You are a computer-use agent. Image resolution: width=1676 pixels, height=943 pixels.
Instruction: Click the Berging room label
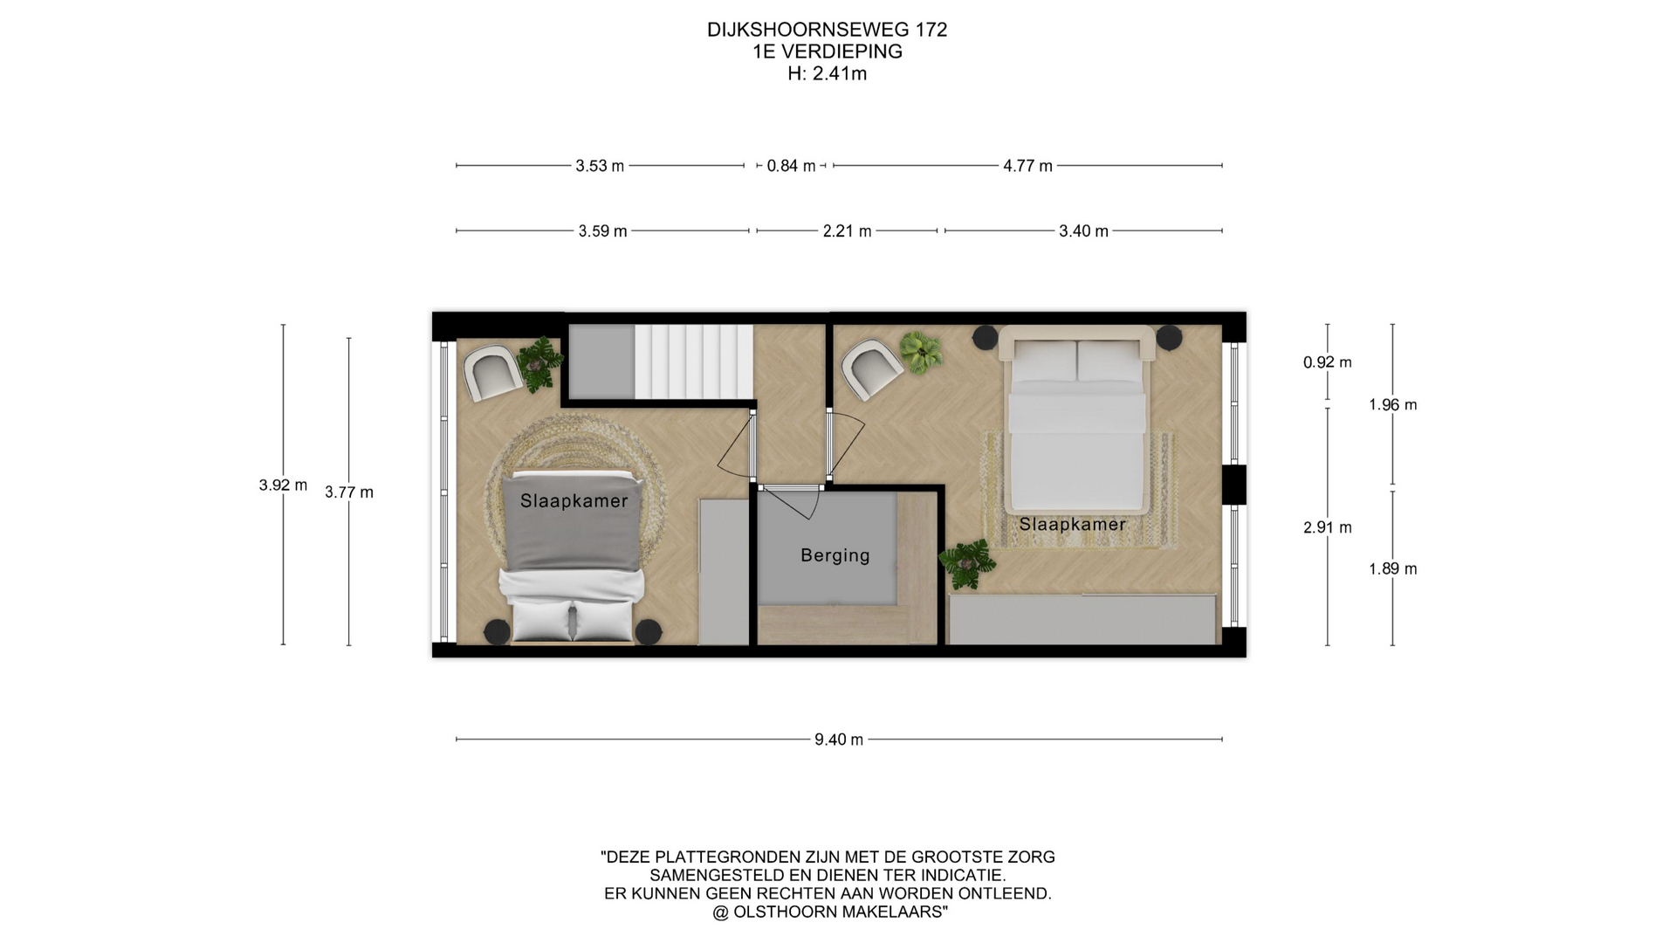tap(835, 555)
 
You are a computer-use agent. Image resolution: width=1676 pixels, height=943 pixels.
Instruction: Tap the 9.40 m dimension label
tap(839, 740)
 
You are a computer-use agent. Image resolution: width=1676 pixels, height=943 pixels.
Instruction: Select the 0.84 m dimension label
tap(791, 166)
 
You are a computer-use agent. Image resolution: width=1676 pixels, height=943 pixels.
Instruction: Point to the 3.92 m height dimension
tap(283, 485)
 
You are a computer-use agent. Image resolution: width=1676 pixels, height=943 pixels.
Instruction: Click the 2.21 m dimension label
tap(847, 231)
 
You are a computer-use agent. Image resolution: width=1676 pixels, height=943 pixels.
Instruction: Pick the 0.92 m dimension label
tap(1327, 362)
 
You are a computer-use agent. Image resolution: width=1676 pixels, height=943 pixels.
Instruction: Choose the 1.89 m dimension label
tap(1392, 568)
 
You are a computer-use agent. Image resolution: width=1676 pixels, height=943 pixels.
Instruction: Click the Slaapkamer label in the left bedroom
tap(574, 501)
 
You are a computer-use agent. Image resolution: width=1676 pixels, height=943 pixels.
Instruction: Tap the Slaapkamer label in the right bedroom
tap(1072, 524)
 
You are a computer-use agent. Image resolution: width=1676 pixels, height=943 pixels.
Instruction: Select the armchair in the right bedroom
tap(870, 369)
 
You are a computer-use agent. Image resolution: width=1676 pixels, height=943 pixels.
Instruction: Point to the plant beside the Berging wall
tap(967, 562)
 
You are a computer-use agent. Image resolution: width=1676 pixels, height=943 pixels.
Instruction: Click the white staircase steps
tap(693, 361)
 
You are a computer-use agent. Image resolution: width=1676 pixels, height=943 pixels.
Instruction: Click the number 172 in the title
tap(931, 30)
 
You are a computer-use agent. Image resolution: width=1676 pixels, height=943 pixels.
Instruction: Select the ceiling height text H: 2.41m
tap(827, 74)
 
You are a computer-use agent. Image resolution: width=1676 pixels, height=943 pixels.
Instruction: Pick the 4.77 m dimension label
tap(1027, 166)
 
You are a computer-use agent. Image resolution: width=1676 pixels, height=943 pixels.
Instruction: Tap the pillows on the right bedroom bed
tap(1077, 361)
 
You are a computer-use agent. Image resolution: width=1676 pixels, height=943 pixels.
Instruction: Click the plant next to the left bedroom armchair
tap(539, 362)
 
